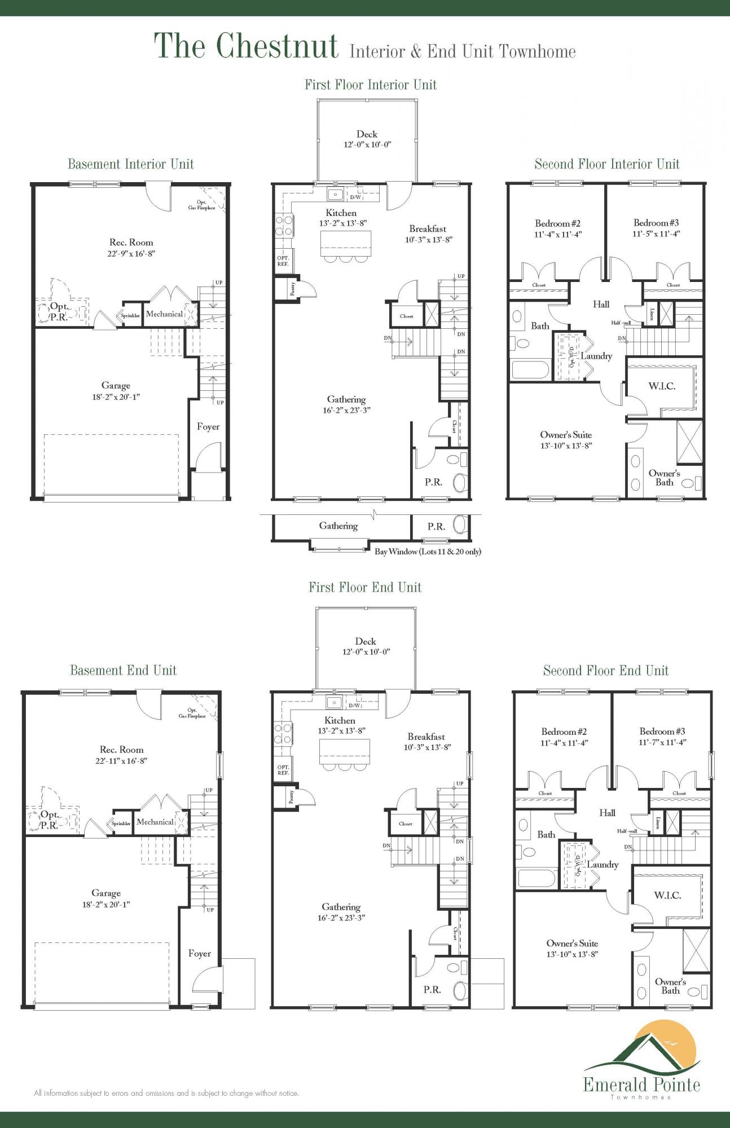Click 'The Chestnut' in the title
point(246,46)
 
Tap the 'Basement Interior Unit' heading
point(130,164)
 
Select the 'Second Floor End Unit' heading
point(605,671)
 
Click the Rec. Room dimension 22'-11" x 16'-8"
point(122,760)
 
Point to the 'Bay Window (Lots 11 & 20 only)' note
point(428,552)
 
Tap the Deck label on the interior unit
point(367,134)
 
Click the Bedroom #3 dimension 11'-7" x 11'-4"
point(662,742)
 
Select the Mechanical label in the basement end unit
point(155,822)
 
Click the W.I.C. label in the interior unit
point(661,386)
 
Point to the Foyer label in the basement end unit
point(200,953)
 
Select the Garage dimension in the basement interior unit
point(116,396)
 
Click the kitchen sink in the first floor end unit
point(334,702)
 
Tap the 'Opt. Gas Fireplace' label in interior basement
point(201,205)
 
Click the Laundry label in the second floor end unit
point(602,864)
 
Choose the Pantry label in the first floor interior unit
point(292,289)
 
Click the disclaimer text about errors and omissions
point(166,1093)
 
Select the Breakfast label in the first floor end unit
point(426,737)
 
